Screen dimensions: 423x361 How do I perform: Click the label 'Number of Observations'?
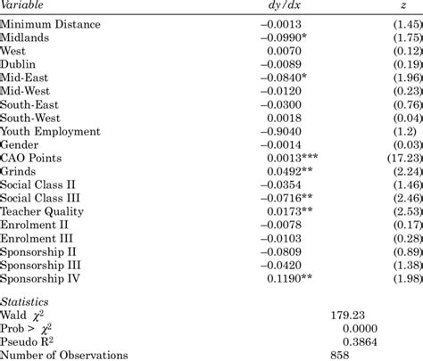pos(64,355)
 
